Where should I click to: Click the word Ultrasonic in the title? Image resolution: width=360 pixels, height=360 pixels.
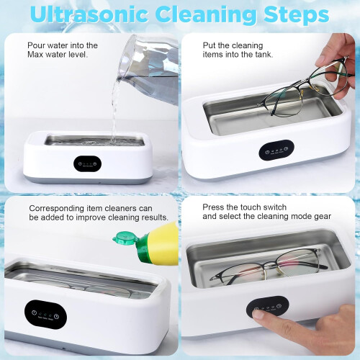[89, 14]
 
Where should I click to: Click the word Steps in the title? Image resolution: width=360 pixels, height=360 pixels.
[296, 15]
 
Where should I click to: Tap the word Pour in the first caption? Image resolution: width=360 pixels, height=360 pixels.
[36, 45]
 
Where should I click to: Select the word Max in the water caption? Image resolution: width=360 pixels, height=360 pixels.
[35, 55]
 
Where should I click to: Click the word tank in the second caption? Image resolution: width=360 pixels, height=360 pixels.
[264, 55]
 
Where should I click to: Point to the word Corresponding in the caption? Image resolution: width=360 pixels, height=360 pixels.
[56, 208]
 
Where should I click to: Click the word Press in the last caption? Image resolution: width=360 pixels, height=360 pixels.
[211, 207]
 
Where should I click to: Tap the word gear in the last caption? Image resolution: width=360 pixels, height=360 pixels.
[323, 217]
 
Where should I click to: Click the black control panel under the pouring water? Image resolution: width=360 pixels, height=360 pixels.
[87, 163]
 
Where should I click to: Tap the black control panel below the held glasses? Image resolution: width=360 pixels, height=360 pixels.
[276, 150]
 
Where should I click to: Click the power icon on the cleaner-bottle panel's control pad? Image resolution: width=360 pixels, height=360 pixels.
[35, 312]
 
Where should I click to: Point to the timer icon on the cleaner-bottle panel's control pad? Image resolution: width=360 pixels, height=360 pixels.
[57, 317]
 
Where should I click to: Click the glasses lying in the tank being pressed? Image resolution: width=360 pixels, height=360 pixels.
[269, 266]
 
